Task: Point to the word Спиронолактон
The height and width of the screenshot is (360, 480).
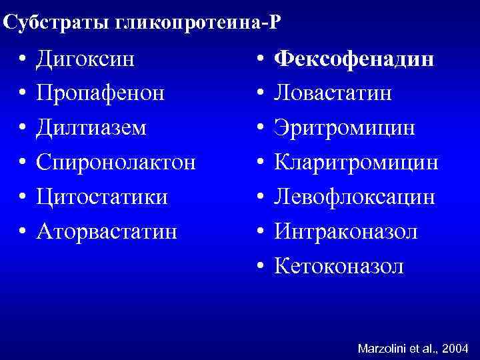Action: click(x=116, y=162)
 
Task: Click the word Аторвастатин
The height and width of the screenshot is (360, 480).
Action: click(x=107, y=231)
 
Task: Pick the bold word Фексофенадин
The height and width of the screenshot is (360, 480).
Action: click(x=355, y=59)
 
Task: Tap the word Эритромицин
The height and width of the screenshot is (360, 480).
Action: click(x=345, y=127)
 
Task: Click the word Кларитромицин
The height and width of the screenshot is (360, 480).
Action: click(x=357, y=162)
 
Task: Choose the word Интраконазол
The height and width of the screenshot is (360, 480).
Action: click(x=347, y=231)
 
